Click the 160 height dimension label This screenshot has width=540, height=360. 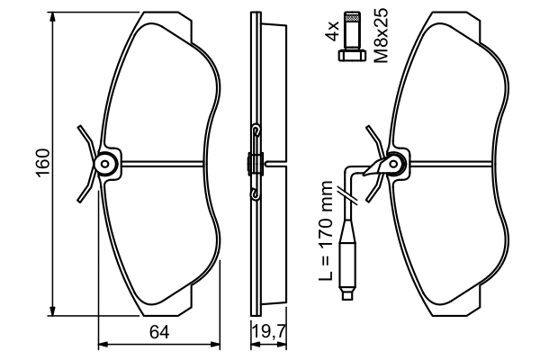43,163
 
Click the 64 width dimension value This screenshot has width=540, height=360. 159,332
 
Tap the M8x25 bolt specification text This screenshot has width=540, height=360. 381,35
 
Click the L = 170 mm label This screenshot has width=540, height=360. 326,230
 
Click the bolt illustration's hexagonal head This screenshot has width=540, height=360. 351,56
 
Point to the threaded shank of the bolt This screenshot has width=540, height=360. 352,31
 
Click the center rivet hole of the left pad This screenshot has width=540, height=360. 105,164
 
